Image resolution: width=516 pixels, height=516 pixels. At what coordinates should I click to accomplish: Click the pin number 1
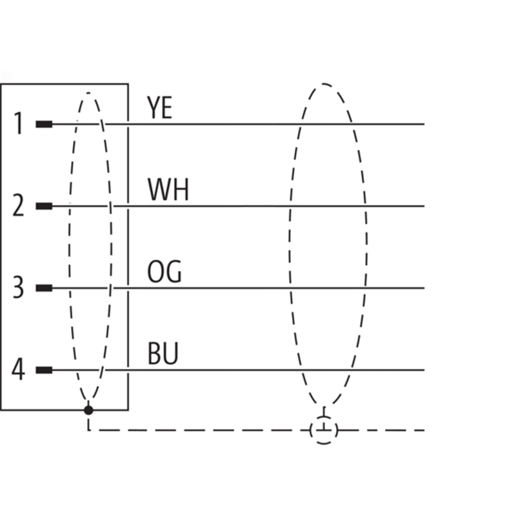19,123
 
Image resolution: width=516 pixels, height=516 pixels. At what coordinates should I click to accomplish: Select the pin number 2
19,205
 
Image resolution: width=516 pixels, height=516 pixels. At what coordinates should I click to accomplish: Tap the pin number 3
19,287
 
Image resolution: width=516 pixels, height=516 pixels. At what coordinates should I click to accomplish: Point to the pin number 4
19,369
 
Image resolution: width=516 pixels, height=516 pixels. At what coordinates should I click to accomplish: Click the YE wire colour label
159,107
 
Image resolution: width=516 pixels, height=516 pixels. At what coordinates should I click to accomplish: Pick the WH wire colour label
168,189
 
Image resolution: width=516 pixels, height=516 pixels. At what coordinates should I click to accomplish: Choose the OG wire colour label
164,272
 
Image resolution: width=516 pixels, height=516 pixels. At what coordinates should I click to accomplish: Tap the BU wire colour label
163,353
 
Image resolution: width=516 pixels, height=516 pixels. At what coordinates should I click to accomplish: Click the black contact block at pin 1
44,124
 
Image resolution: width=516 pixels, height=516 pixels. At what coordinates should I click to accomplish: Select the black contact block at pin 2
44,206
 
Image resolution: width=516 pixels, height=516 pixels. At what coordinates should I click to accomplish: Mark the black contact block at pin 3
44,288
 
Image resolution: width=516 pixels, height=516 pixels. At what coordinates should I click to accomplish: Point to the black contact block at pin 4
44,370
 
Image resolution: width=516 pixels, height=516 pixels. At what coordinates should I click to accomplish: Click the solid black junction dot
88,410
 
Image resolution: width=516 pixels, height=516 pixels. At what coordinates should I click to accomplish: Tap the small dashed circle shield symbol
324,430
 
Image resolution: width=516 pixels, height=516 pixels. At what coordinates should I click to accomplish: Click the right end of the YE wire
424,124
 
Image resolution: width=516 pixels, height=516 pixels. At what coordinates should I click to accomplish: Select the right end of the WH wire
424,206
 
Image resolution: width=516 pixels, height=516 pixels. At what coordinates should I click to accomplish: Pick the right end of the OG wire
424,288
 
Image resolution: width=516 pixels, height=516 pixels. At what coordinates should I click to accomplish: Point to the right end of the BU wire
424,370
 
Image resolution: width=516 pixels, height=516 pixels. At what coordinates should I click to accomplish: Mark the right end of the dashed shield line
424,430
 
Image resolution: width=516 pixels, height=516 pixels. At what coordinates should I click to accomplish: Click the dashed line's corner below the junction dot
88,430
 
